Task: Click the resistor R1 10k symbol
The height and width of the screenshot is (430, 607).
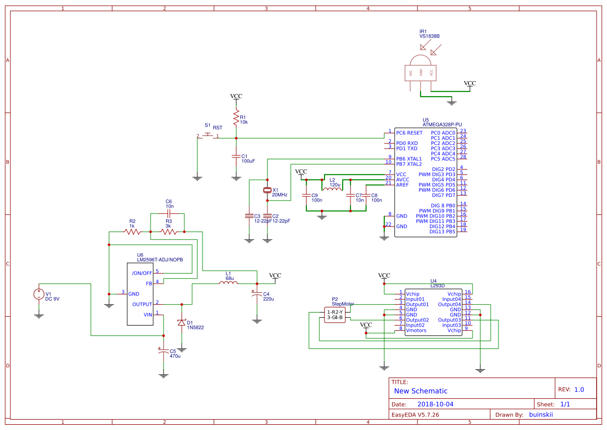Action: tap(236, 118)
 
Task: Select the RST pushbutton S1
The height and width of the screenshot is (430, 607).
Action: tap(208, 136)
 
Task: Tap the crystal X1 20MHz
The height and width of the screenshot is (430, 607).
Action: tap(267, 191)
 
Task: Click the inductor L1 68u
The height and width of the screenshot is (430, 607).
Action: tap(228, 283)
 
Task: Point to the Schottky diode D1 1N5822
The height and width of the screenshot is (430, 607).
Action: tap(182, 322)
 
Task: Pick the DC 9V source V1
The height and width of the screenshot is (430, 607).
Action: tap(39, 294)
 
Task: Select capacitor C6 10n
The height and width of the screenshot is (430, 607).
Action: tap(168, 213)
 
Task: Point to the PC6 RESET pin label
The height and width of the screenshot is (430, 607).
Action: tap(409, 133)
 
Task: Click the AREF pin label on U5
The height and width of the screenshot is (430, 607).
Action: tap(402, 185)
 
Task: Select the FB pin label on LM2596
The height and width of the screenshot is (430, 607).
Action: tap(149, 284)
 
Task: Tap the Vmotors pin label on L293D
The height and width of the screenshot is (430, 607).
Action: tap(416, 330)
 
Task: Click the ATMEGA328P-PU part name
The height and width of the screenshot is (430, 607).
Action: tap(442, 125)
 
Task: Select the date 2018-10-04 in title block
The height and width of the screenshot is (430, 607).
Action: tap(435, 404)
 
